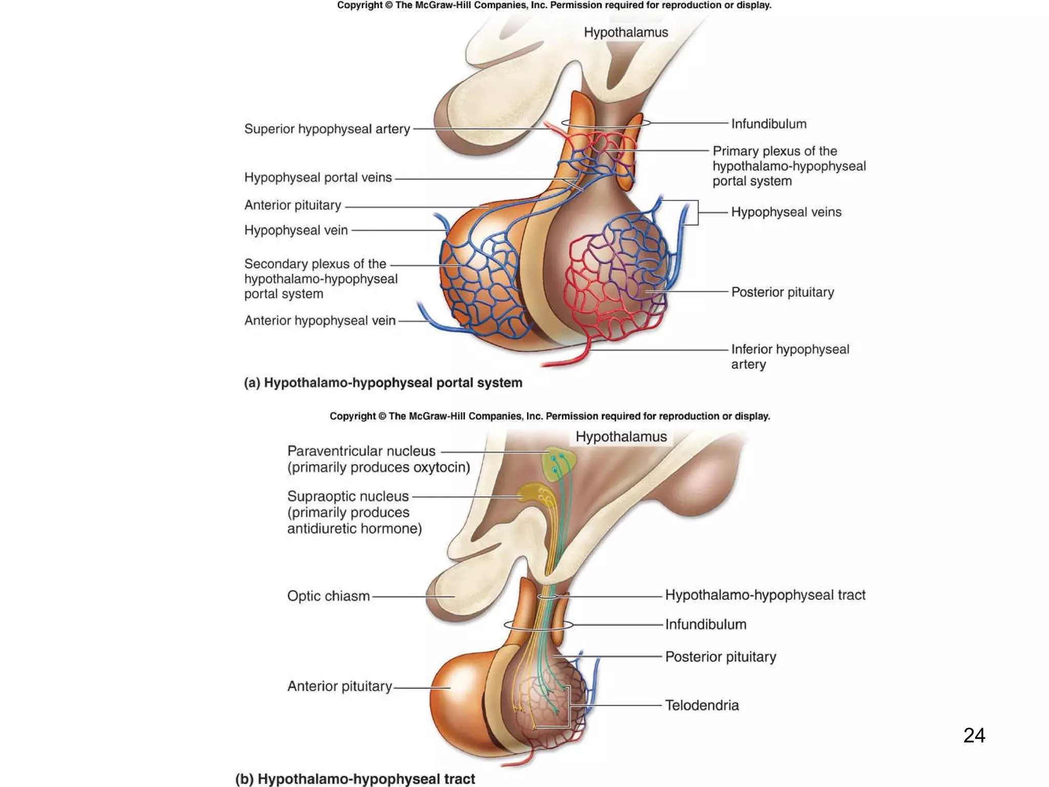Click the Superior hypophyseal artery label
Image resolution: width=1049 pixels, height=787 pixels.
click(x=327, y=129)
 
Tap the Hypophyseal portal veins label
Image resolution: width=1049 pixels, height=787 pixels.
click(x=318, y=177)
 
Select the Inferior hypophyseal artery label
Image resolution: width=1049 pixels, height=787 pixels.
click(x=789, y=357)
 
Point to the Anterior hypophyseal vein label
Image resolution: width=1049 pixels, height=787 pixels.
click(x=320, y=321)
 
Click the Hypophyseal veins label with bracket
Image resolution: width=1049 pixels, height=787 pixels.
click(x=786, y=212)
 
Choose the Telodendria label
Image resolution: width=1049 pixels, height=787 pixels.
click(x=702, y=706)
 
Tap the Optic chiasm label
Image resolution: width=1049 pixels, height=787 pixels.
click(x=328, y=596)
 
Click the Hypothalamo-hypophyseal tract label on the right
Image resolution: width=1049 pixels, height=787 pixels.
click(x=765, y=595)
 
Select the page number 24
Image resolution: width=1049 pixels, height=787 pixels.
click(x=974, y=735)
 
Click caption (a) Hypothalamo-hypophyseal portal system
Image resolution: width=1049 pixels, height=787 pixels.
click(x=383, y=383)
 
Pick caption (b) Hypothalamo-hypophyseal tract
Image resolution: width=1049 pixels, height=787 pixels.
click(x=355, y=779)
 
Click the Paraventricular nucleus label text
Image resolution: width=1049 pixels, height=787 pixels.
click(x=361, y=451)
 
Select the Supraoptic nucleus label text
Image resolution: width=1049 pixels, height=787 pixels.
click(x=348, y=496)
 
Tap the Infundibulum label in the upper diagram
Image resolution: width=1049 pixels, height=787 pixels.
click(x=768, y=124)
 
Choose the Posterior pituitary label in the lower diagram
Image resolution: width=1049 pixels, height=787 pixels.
click(x=720, y=657)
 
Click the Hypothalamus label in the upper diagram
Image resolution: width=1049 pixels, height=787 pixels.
click(x=625, y=32)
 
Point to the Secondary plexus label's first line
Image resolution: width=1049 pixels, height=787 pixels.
click(x=315, y=264)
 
